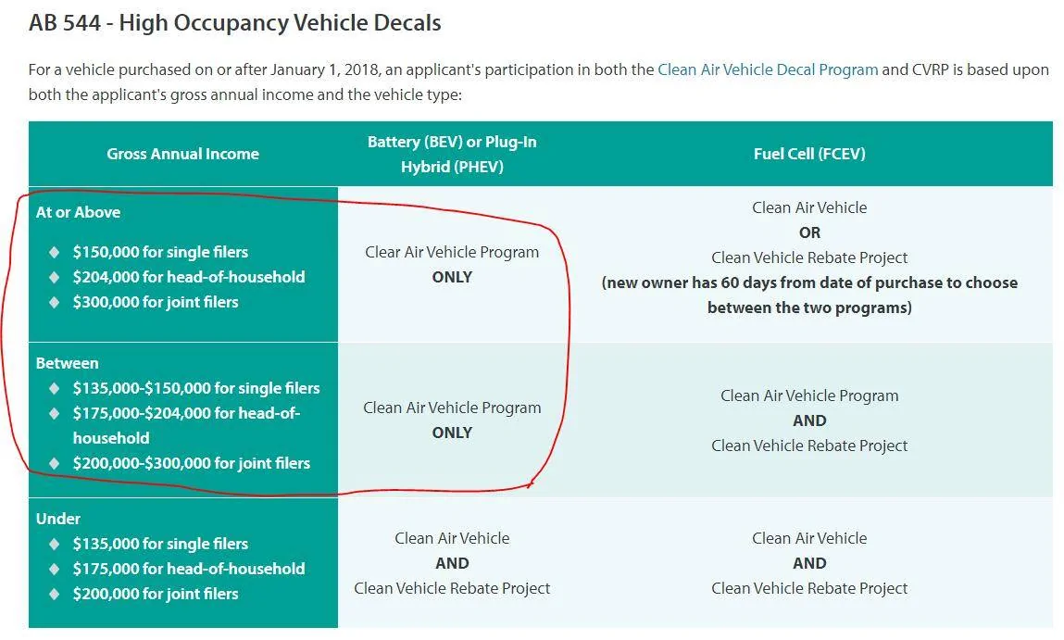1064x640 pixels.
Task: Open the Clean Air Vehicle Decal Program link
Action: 768,69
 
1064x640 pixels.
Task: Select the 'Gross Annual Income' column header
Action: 182,154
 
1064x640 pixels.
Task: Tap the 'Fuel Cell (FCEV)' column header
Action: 809,154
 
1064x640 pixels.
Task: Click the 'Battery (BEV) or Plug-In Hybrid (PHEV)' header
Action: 452,154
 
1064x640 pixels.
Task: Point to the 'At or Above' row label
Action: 78,212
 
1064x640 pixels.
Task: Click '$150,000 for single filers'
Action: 160,252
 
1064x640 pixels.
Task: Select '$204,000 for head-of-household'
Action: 189,277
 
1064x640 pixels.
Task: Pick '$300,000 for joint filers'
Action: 156,302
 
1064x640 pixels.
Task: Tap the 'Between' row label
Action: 68,363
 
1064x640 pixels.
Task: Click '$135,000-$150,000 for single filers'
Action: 196,388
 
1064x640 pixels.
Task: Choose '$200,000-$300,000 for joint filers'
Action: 192,463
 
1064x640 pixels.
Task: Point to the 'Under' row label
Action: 57,519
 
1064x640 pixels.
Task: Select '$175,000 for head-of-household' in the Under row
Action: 189,569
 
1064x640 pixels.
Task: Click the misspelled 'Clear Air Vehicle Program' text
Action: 452,253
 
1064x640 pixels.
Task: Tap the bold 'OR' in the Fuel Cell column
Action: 809,232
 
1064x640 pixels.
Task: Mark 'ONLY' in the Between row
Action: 452,433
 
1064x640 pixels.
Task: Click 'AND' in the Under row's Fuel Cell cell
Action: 809,563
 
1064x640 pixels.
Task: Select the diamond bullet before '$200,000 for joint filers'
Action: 55,594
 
